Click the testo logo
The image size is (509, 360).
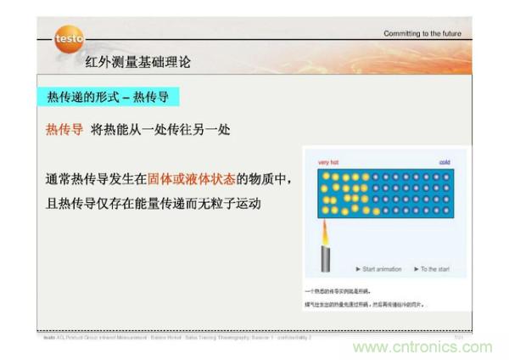[x=68, y=38]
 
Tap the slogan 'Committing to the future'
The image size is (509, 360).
[x=422, y=34]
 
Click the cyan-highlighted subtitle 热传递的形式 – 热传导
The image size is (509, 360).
[x=108, y=98]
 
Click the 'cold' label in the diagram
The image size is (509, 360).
[x=444, y=162]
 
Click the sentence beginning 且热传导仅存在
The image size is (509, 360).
[x=153, y=204]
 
